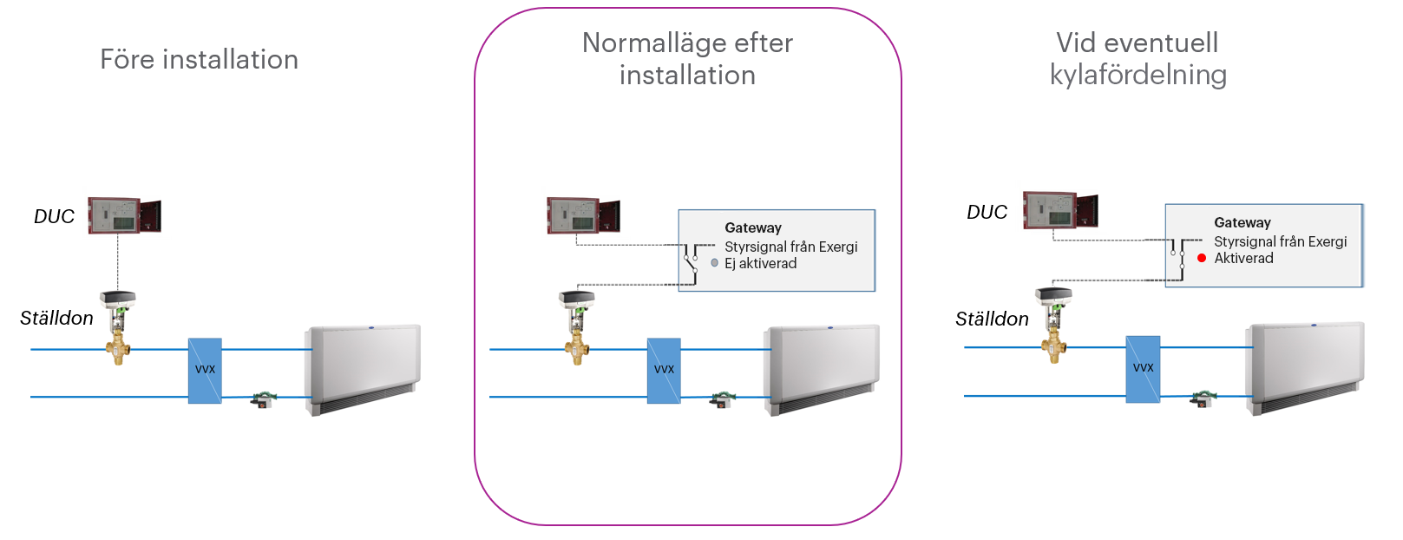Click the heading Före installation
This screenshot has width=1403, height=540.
(x=199, y=59)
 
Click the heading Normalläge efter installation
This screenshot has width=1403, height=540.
(x=687, y=59)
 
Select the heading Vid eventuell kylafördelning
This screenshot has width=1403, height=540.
(x=1137, y=58)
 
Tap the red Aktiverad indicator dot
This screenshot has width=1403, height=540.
(x=1202, y=258)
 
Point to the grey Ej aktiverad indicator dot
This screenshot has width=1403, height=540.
(x=715, y=262)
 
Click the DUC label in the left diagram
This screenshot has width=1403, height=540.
(x=54, y=216)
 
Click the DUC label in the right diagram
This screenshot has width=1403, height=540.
(x=987, y=212)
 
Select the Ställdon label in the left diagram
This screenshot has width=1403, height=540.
(x=56, y=318)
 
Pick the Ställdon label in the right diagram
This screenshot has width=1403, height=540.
(x=992, y=319)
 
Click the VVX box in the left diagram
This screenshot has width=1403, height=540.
(x=205, y=371)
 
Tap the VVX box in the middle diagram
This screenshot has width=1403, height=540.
(x=664, y=371)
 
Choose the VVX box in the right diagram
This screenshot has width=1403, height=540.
(x=1143, y=369)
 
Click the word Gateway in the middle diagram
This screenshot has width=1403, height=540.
(x=753, y=227)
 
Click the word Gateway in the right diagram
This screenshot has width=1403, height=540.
(x=1242, y=222)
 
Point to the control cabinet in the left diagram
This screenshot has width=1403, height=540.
(x=125, y=215)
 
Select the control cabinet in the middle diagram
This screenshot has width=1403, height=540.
(x=583, y=215)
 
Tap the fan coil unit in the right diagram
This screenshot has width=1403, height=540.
(x=1305, y=366)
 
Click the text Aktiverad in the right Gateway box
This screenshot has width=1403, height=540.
(x=1243, y=258)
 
